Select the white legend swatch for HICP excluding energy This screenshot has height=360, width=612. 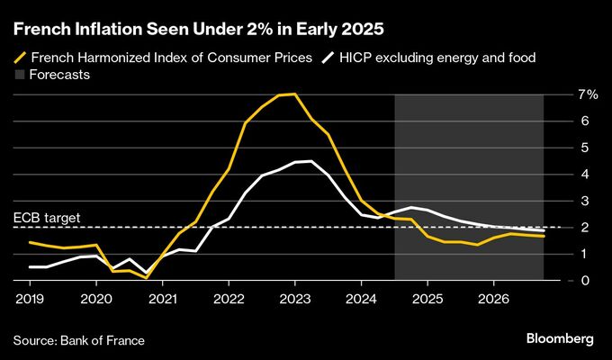coord(332,58)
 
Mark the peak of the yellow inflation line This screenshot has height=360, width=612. coord(294,94)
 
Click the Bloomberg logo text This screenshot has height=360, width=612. coord(560,338)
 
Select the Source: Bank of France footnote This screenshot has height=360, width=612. coord(79,339)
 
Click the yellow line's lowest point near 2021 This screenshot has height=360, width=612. coord(146,278)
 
